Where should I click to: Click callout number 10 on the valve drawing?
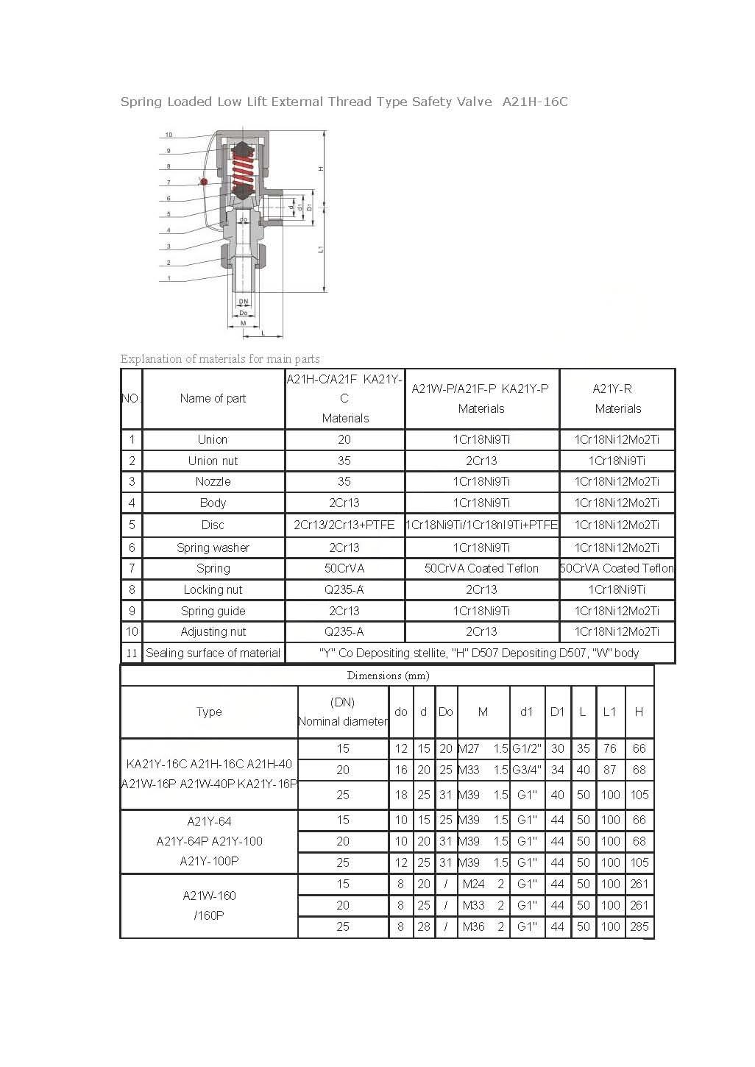(169, 135)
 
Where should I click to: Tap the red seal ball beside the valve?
(204, 181)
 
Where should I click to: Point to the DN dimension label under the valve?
(243, 302)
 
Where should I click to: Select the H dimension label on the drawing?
(321, 169)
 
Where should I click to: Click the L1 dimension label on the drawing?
(321, 249)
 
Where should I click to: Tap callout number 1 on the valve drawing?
(169, 278)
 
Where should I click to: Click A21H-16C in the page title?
(535, 102)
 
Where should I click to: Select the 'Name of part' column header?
(213, 398)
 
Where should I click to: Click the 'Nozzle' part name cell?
(213, 481)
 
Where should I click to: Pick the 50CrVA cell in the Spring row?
(344, 568)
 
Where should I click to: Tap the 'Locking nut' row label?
(213, 589)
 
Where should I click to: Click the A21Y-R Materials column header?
(617, 398)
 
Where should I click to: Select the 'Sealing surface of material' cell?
(213, 653)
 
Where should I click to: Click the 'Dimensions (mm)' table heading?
(388, 676)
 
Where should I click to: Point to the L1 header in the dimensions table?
(609, 712)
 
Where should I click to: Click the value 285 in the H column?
(639, 926)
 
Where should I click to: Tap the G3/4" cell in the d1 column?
(527, 770)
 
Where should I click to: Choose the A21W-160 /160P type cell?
(209, 905)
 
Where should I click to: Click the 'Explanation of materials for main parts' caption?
(220, 359)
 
